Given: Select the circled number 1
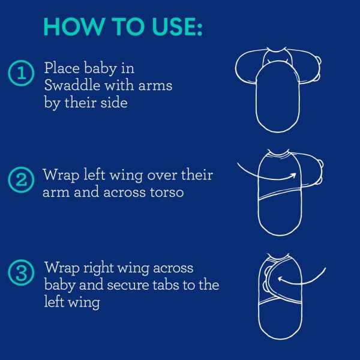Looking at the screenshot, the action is (21, 73).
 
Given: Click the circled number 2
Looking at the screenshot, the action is (21, 180).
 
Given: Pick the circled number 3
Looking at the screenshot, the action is (21, 272).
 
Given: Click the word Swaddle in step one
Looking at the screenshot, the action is (72, 85).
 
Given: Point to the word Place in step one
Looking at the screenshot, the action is (62, 68).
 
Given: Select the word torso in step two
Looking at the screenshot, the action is (167, 192).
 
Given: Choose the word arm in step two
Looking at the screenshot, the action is (56, 193).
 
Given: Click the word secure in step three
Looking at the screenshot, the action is (128, 286).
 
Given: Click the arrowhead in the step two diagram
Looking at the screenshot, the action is (293, 176).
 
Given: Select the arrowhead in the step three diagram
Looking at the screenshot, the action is (281, 279).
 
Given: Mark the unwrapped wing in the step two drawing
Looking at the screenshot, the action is (311, 170).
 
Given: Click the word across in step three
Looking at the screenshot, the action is (173, 268).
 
